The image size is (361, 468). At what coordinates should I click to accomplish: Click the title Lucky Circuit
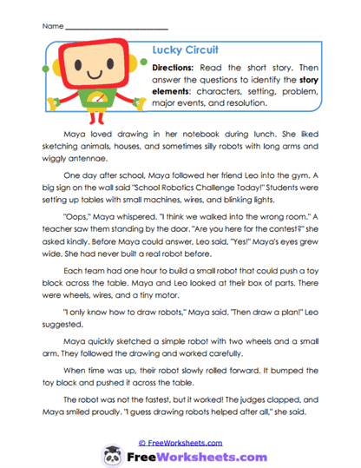pos(184,49)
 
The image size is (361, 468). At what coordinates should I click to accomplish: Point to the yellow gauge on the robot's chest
pos(90,97)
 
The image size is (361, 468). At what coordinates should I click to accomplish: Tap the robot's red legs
pos(90,116)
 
